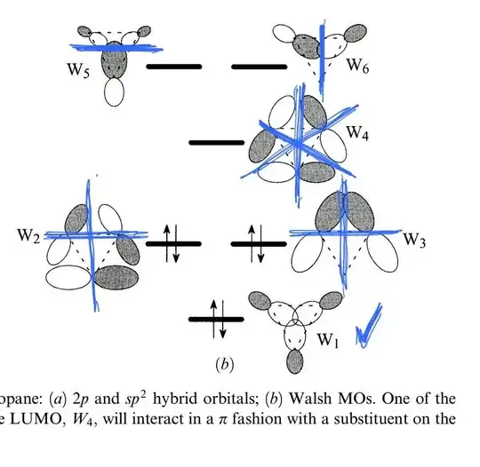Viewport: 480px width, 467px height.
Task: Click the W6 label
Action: (x=357, y=65)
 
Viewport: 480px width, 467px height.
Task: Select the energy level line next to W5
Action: (x=174, y=66)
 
